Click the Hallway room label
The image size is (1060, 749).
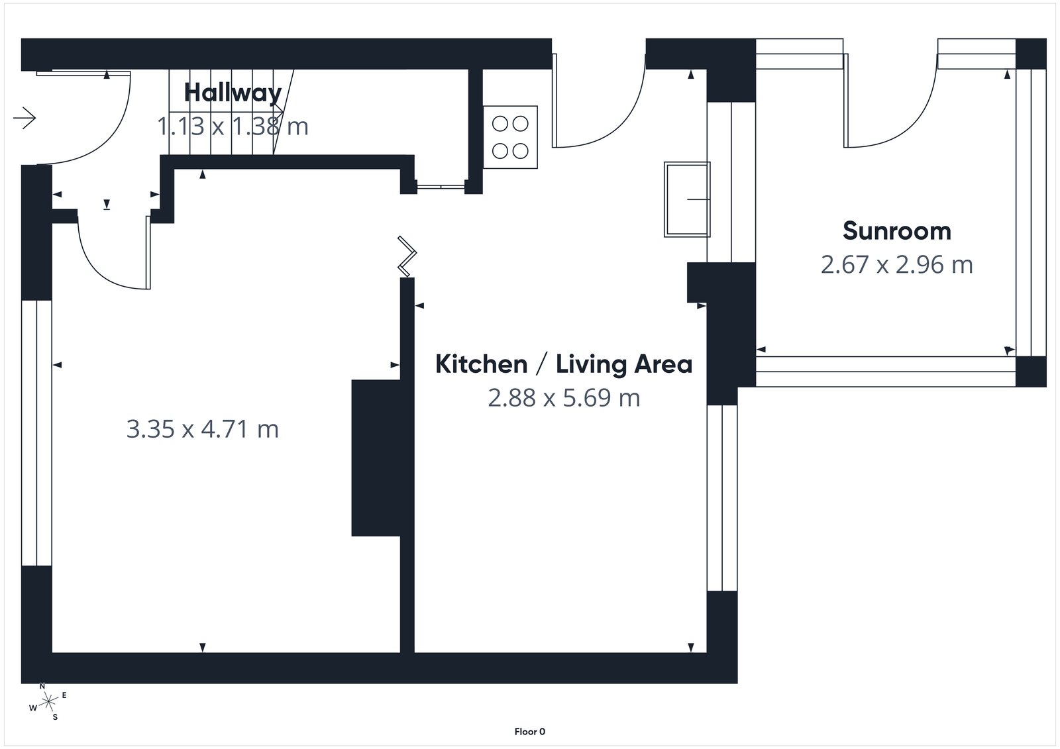pyautogui.click(x=233, y=93)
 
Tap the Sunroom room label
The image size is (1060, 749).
pyautogui.click(x=896, y=231)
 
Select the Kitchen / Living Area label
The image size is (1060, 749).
pyautogui.click(x=563, y=364)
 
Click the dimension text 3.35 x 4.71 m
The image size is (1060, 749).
pyautogui.click(x=202, y=429)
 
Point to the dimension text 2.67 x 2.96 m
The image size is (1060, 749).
pyautogui.click(x=896, y=265)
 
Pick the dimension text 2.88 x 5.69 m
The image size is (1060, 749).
pyautogui.click(x=564, y=398)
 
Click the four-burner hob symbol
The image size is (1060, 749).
pyautogui.click(x=510, y=137)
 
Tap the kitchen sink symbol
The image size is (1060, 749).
pyautogui.click(x=687, y=199)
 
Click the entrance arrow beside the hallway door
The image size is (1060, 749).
pyautogui.click(x=25, y=118)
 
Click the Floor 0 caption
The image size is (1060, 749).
pyautogui.click(x=529, y=732)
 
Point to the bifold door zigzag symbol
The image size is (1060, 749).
pyautogui.click(x=406, y=256)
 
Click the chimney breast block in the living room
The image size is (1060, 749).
pyautogui.click(x=376, y=457)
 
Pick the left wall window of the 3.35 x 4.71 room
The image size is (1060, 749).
pyautogui.click(x=36, y=433)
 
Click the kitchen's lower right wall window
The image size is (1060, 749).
pyautogui.click(x=721, y=497)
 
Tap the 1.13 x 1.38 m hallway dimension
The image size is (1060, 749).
pyautogui.click(x=233, y=126)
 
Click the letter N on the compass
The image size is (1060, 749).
pyautogui.click(x=42, y=686)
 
